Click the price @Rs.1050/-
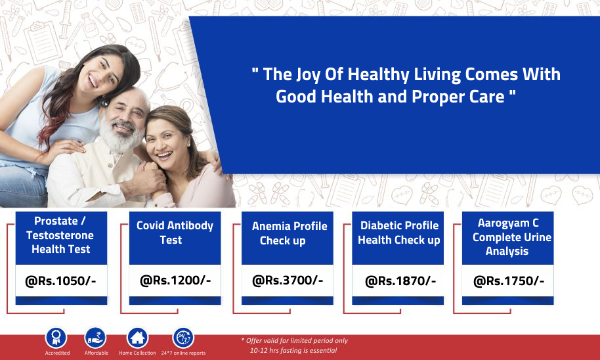coord(60,281)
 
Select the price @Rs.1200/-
coord(175,281)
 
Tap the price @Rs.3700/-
coord(288,281)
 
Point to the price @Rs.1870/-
coord(400,281)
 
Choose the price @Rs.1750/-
coord(509,281)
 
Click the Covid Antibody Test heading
coord(175,233)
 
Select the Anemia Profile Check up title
coord(289,233)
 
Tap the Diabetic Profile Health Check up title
coord(398,233)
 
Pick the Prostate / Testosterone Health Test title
coord(60,235)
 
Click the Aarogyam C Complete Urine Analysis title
coord(511,236)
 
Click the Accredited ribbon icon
coord(56,338)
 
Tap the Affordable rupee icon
coord(95,338)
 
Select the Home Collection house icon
coord(137,338)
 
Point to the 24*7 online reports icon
coord(183,338)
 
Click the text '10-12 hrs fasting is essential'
coord(293,350)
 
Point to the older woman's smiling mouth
coord(165,155)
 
